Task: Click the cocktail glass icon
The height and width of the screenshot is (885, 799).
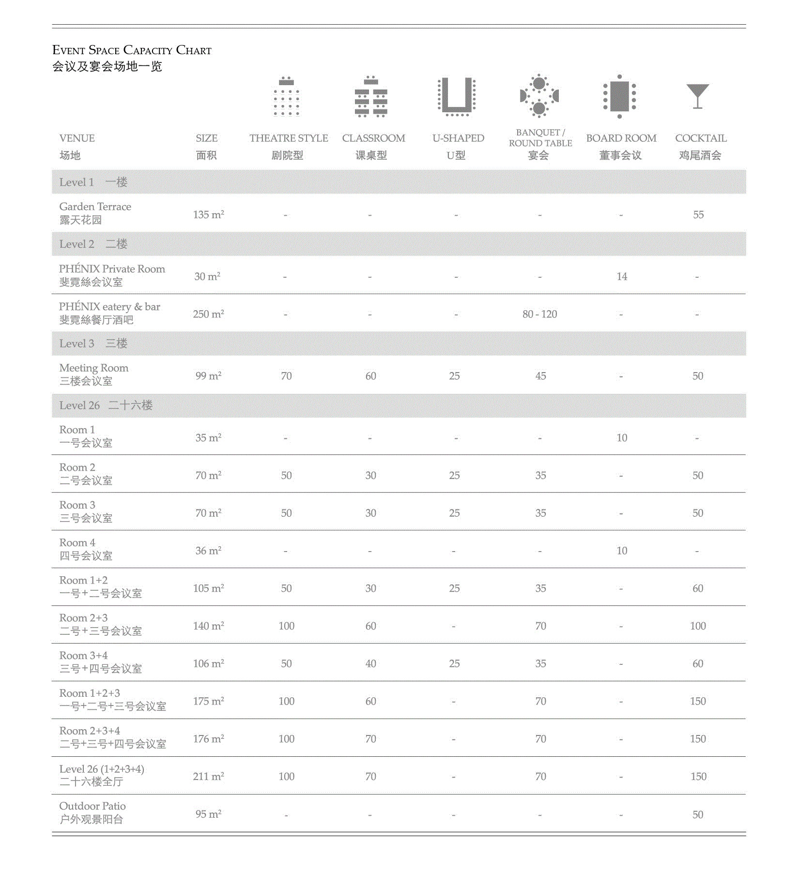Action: (697, 96)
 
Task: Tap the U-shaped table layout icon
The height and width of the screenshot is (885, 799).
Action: (456, 96)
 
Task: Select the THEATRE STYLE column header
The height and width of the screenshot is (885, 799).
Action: (289, 138)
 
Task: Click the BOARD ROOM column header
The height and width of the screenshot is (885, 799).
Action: (621, 138)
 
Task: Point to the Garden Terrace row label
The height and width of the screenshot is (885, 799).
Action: (95, 207)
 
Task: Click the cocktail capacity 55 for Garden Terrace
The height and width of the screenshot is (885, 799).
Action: (698, 215)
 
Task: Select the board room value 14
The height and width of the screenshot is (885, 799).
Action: (622, 277)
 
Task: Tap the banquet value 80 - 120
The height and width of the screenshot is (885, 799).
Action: (539, 315)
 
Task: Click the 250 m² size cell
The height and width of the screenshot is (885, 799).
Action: (208, 315)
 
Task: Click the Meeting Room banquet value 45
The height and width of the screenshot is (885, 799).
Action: (540, 376)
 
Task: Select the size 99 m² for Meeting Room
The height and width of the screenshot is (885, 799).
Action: (208, 376)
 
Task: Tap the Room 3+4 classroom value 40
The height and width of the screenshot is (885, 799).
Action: (370, 664)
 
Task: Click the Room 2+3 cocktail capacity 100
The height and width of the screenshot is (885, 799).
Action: (698, 626)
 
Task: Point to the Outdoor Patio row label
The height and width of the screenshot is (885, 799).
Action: (92, 807)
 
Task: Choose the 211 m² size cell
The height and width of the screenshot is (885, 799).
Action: (208, 777)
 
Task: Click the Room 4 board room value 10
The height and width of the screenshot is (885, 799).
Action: (622, 551)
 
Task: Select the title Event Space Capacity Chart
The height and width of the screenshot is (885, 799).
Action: (132, 50)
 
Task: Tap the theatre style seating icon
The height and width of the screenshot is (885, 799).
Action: (286, 96)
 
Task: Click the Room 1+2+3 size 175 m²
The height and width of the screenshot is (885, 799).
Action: (208, 702)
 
